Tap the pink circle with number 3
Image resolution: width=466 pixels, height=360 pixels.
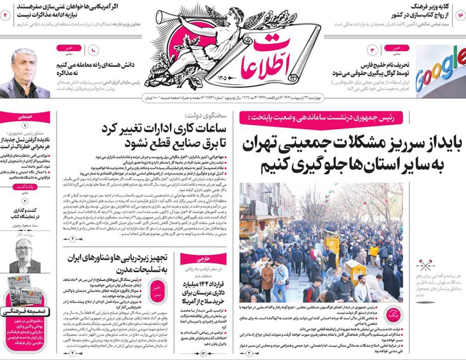point(373,50)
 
